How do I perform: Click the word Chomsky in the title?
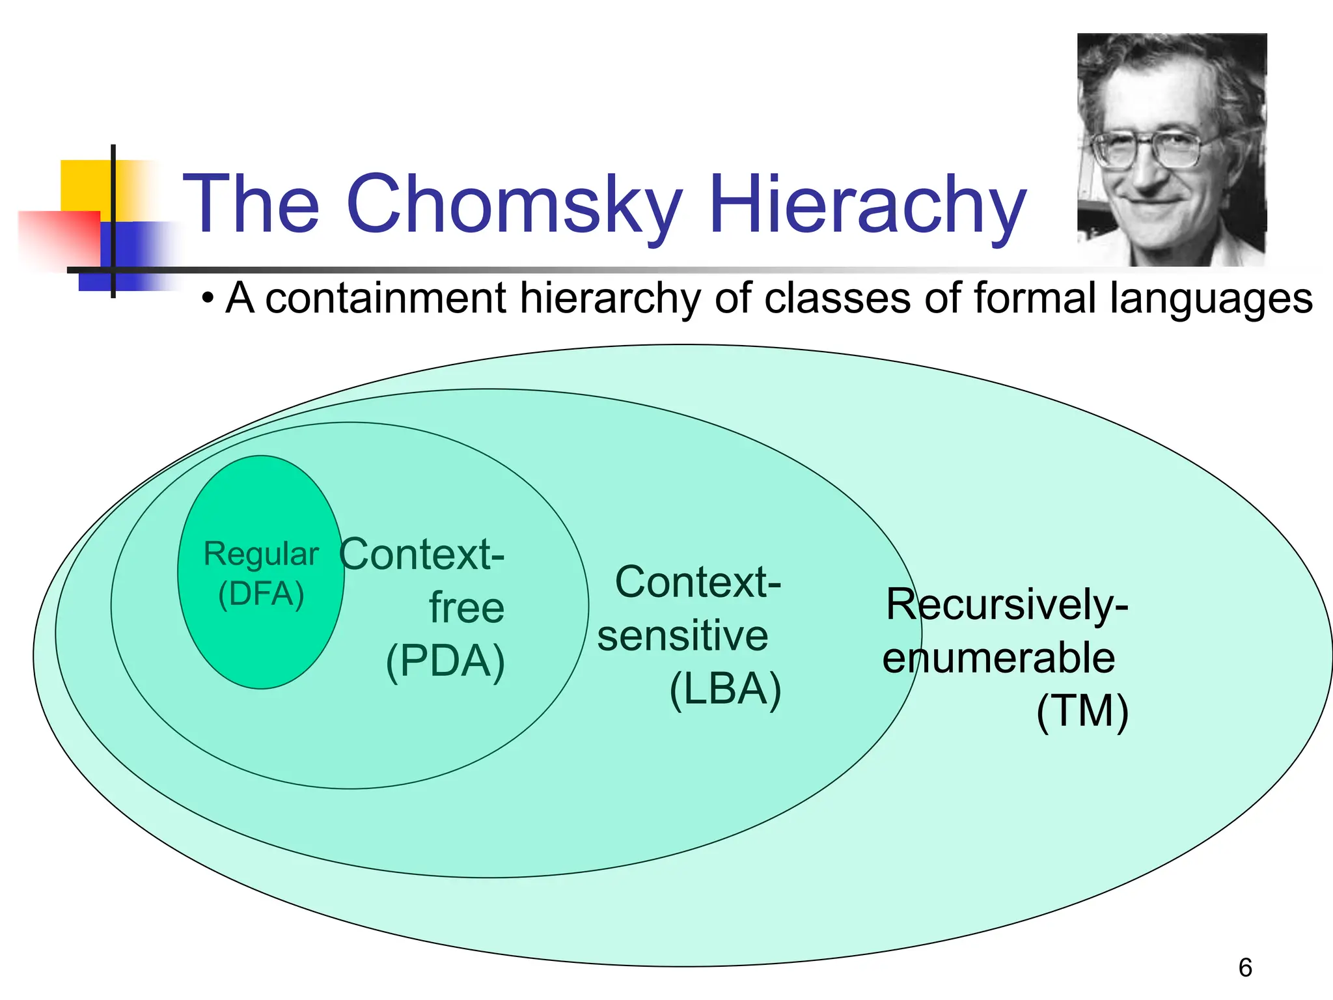click(514, 205)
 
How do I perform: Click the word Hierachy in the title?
click(867, 205)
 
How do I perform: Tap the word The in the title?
click(251, 205)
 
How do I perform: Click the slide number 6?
click(1245, 967)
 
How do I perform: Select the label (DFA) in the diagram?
click(261, 594)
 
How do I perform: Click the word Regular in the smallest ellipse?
click(261, 555)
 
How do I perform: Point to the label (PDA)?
click(445, 661)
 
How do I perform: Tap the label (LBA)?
click(725, 689)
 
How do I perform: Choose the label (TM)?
click(1082, 711)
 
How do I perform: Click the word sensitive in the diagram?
click(682, 635)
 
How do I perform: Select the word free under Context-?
click(466, 608)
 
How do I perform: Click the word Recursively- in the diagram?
click(1006, 604)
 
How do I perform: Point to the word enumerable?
click(998, 658)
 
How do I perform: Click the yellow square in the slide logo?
click(85, 186)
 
